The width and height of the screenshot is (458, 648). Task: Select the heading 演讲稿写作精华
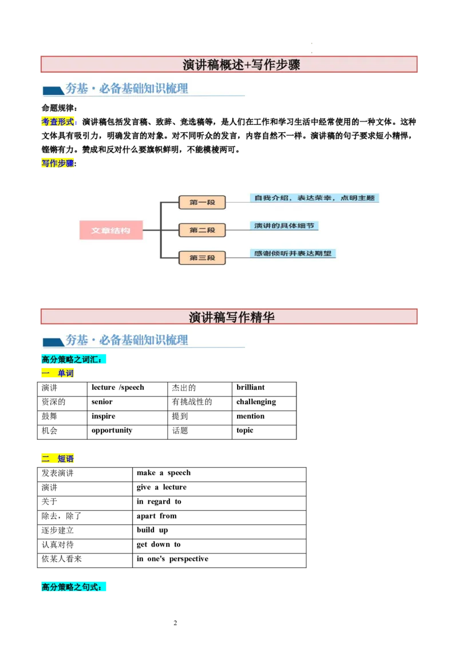pos(231,317)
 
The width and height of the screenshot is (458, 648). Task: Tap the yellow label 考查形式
pos(58,122)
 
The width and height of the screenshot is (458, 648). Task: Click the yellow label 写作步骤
pos(58,163)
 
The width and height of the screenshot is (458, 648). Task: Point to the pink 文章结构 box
pos(110,230)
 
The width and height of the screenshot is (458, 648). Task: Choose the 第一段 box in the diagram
pos(202,202)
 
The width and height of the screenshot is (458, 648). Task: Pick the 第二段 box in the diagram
pos(202,230)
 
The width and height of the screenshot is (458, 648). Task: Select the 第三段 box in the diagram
pos(202,258)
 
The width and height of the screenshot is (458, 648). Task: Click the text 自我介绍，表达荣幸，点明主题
pos(314,198)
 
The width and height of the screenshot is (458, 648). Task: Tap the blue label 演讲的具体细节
pos(284,226)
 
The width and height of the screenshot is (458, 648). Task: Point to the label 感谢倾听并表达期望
pos(293,253)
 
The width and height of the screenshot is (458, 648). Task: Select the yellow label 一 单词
pos(58,374)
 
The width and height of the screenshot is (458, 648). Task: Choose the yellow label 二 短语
pos(58,459)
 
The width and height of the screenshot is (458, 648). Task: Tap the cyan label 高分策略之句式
pos(73,587)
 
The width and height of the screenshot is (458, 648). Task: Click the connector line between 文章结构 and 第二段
pos(151,230)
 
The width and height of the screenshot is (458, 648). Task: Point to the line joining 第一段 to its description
pos(238,202)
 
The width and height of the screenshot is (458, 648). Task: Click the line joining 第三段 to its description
pos(238,258)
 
